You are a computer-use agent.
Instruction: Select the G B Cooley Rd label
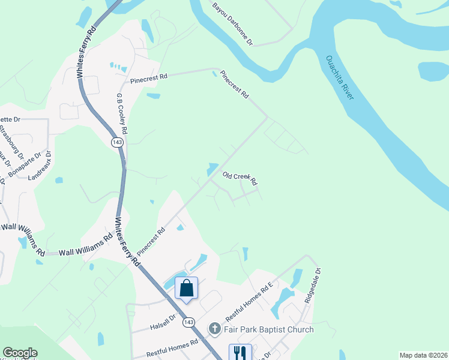(122, 114)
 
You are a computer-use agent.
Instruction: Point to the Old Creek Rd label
(240, 178)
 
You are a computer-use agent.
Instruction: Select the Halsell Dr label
(163, 325)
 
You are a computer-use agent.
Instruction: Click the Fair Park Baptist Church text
(269, 329)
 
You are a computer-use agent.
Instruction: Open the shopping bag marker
(187, 288)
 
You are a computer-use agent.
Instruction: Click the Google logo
(20, 353)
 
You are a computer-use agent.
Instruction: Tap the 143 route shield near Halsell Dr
(189, 322)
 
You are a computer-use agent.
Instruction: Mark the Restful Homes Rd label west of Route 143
(177, 349)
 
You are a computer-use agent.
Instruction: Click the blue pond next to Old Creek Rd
(212, 169)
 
